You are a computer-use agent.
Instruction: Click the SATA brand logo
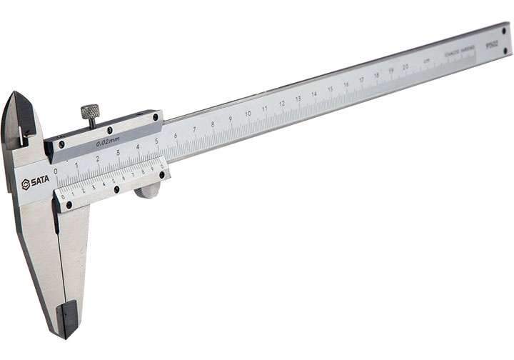click(36, 182)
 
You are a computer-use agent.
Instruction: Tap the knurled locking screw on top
click(90, 113)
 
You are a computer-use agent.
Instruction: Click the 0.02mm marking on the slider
click(106, 143)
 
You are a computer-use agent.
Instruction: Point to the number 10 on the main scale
click(248, 114)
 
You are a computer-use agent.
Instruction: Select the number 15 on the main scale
click(331, 90)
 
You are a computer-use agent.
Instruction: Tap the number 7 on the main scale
click(194, 129)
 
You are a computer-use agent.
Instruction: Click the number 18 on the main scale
click(376, 76)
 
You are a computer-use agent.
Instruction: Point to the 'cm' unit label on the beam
click(426, 62)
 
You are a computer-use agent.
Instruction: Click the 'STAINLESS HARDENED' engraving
click(459, 52)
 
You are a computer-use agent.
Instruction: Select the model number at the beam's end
click(491, 43)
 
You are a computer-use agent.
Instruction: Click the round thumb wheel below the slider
click(148, 190)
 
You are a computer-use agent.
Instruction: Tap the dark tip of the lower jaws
click(68, 318)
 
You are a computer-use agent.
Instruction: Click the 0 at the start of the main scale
click(56, 170)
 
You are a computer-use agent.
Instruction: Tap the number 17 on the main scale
click(361, 81)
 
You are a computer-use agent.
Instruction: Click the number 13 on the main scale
click(298, 99)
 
